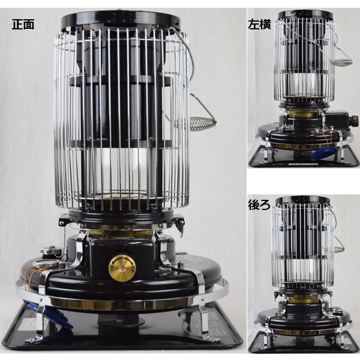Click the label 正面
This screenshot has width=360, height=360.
(x=23, y=25)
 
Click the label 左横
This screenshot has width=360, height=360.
(x=259, y=25)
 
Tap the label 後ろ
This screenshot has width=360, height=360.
(x=259, y=205)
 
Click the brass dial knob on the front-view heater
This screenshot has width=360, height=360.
(x=122, y=268)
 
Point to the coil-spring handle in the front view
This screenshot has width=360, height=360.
(x=203, y=124)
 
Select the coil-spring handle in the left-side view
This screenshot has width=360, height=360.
(x=343, y=62)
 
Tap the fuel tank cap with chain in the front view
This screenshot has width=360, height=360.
(x=51, y=252)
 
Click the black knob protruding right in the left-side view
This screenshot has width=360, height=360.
(x=354, y=120)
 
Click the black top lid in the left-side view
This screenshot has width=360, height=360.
(x=305, y=14)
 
